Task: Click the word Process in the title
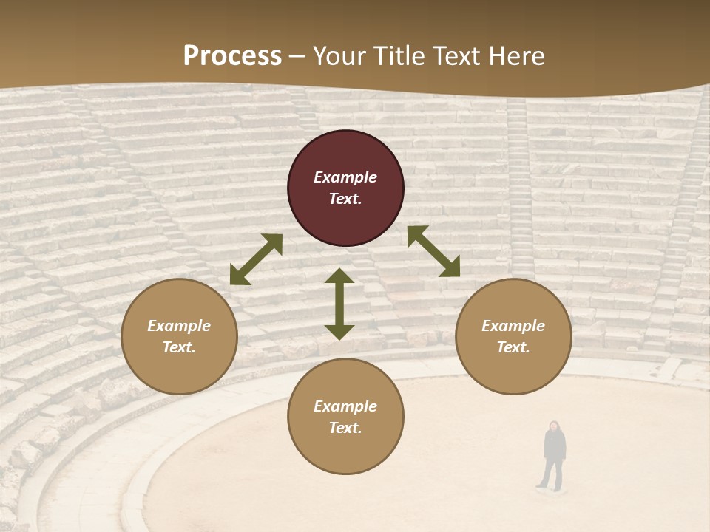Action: [x=232, y=56]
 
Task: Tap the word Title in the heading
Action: [x=400, y=56]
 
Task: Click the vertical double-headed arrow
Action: [x=339, y=304]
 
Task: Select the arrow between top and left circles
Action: [x=256, y=259]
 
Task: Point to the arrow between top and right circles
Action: [x=433, y=251]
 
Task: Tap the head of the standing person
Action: [x=553, y=426]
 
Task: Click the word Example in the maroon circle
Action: [x=345, y=177]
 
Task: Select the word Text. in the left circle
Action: [x=179, y=347]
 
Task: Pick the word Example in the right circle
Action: [x=513, y=326]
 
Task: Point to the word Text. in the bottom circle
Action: [x=345, y=428]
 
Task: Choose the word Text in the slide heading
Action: [x=458, y=56]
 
